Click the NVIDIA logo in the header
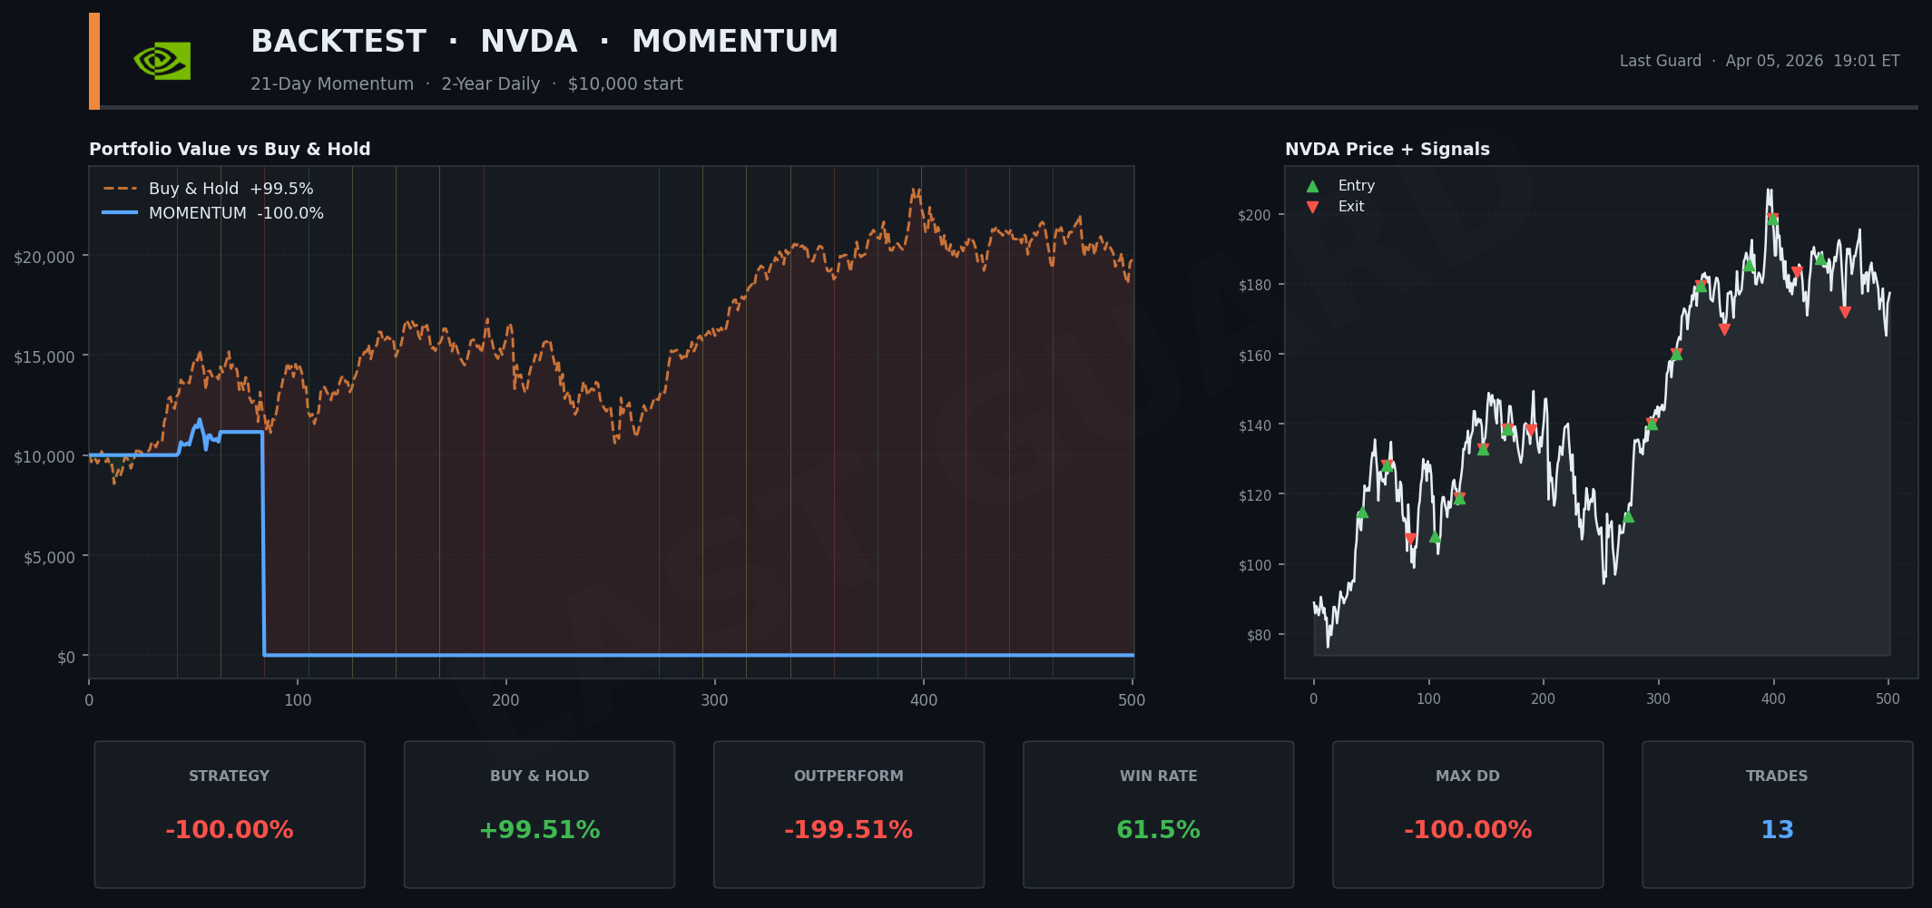tap(162, 61)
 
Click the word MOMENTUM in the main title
tap(734, 42)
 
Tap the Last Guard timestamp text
tap(1759, 61)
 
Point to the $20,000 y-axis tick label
tap(44, 257)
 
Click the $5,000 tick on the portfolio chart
tap(49, 557)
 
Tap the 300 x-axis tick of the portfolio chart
tap(714, 700)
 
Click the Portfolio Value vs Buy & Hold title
tap(230, 150)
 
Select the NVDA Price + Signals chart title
tap(1387, 150)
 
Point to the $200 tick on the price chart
tap(1254, 215)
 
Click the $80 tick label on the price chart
tap(1258, 635)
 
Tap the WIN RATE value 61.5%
tap(1158, 830)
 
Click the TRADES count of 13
tap(1777, 830)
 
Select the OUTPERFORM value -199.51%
tap(848, 830)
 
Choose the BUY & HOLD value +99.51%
tap(539, 830)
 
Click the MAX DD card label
tap(1466, 776)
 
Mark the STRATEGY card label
tap(229, 776)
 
